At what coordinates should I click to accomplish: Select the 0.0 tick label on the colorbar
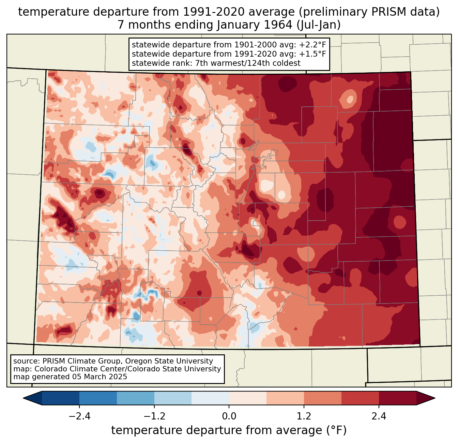click(229, 416)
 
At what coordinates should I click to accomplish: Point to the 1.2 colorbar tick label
click(304, 416)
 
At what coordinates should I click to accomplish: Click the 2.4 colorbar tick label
click(379, 416)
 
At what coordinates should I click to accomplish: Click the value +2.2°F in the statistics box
click(312, 45)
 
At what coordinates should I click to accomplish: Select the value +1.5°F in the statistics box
click(312, 54)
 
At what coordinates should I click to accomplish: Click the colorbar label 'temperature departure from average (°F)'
click(229, 430)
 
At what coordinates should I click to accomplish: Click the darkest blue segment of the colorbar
click(61, 398)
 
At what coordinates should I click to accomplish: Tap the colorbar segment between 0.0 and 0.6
click(248, 398)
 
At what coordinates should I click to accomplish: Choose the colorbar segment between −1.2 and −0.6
click(173, 398)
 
